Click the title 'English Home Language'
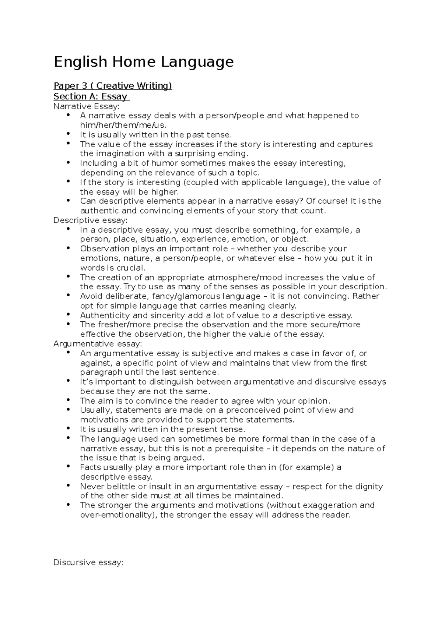pos(144,62)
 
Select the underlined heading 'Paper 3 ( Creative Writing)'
pos(113,86)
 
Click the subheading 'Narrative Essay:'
pos(87,106)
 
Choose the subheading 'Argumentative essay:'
pos(98,344)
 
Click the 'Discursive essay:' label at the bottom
pos(88,562)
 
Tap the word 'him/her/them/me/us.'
pos(121,125)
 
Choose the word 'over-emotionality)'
pos(119,515)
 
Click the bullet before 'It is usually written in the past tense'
pos(69,134)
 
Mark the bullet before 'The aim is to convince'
pos(69,400)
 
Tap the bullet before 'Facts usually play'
pos(69,467)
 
